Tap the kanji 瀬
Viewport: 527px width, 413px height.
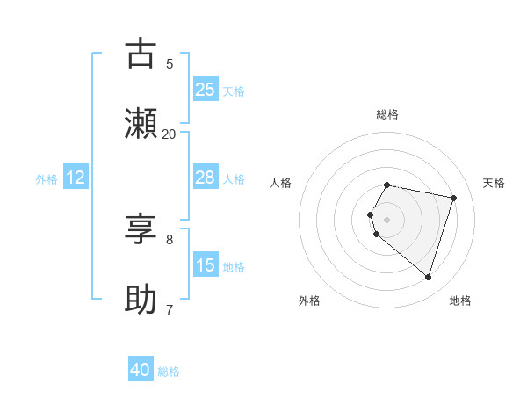[x=141, y=124]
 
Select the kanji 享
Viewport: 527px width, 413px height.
[x=141, y=229]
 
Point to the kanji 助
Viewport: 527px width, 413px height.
[x=141, y=300]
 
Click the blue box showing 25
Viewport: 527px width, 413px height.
[x=206, y=89]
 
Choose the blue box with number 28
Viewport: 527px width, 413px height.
[x=206, y=178]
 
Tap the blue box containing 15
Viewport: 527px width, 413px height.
[x=206, y=265]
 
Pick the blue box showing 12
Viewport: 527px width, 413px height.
[x=76, y=178]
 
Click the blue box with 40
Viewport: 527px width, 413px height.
[x=141, y=371]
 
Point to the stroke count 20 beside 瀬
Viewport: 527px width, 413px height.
[x=169, y=134]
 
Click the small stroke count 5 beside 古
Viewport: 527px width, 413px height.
[x=170, y=63]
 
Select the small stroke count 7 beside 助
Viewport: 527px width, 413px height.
[x=170, y=309]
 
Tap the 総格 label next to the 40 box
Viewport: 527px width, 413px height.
[x=169, y=372]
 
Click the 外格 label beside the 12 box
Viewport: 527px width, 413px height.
[x=47, y=178]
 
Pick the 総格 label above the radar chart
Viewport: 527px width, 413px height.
[x=387, y=114]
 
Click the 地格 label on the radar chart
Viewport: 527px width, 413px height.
[x=460, y=301]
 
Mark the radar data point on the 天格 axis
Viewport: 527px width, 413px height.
[x=453, y=198]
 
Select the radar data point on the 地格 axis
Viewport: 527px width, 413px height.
[x=428, y=277]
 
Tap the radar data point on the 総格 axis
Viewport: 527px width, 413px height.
[x=387, y=185]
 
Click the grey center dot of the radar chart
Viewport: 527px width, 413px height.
[x=387, y=219]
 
